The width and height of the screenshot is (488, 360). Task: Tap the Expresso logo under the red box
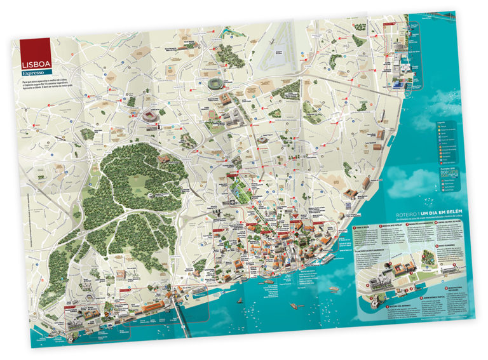[x=33, y=74]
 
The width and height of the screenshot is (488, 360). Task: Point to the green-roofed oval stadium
[x=215, y=85]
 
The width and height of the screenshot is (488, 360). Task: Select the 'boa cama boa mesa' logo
[x=449, y=172]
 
